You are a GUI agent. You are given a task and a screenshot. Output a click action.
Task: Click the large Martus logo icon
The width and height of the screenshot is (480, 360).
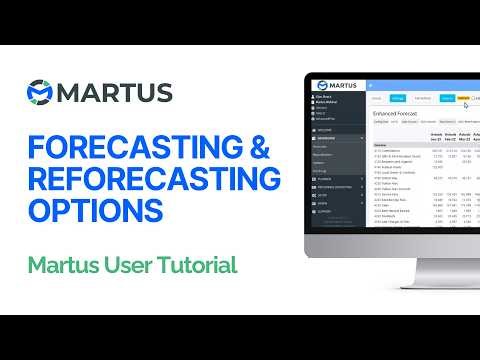43,92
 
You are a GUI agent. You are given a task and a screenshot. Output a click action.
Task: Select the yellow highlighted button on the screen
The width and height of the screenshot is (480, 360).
463,98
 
